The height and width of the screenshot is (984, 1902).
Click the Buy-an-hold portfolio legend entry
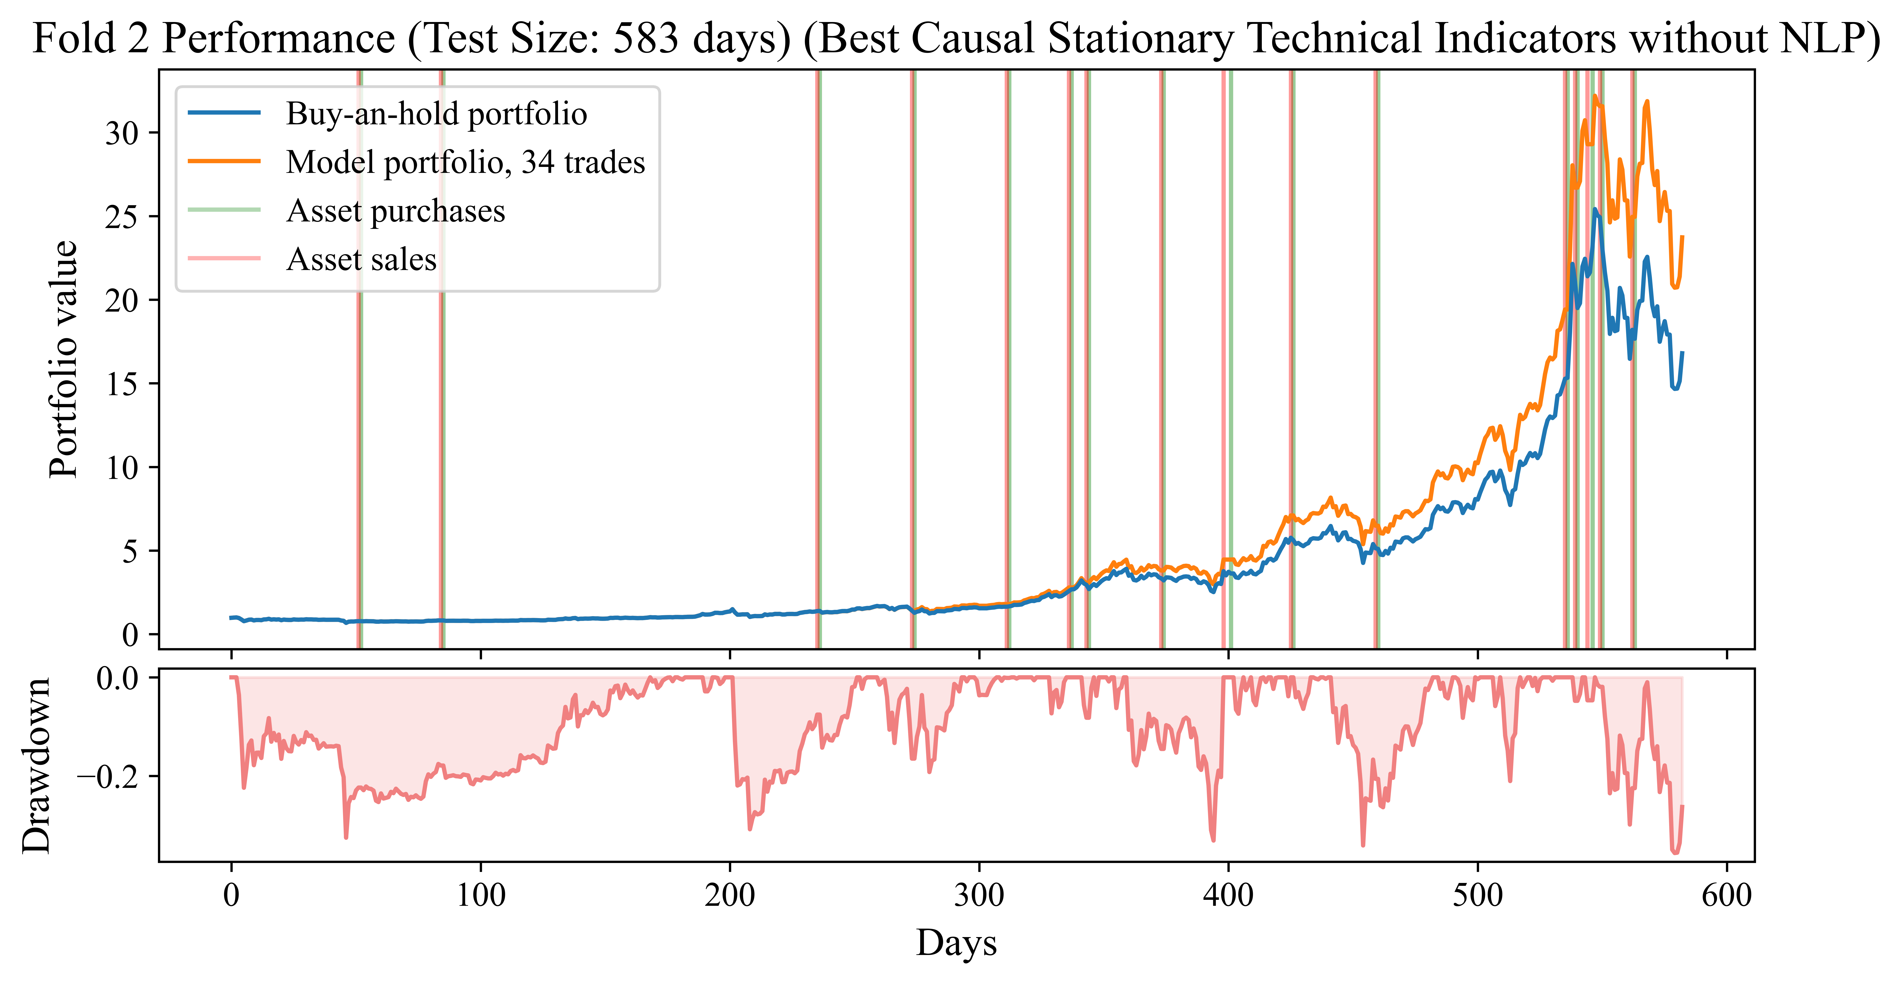click(436, 114)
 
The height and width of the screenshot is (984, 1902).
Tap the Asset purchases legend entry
click(395, 211)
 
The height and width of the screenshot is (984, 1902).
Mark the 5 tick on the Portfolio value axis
click(130, 551)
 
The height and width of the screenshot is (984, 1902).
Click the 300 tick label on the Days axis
click(979, 895)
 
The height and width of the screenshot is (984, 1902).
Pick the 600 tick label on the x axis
click(1726, 895)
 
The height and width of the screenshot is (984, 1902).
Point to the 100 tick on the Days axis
click(481, 895)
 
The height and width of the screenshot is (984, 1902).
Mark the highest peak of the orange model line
click(1596, 96)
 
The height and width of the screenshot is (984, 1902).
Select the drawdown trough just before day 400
click(1213, 840)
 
